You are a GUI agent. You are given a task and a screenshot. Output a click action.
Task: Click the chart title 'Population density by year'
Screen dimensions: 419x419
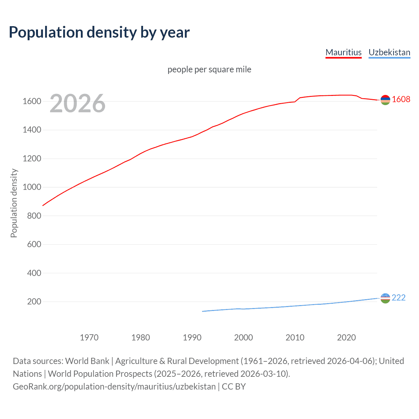click(99, 32)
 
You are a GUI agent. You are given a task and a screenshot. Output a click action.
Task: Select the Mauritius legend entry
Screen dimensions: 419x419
click(343, 52)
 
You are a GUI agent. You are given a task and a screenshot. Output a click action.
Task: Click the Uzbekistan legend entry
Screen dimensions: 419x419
click(389, 52)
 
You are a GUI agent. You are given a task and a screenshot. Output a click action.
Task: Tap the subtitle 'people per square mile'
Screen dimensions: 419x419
click(209, 69)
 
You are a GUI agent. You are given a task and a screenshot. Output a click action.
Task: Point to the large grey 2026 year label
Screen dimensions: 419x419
click(78, 103)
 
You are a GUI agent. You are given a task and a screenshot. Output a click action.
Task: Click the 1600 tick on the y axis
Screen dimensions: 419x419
click(32, 101)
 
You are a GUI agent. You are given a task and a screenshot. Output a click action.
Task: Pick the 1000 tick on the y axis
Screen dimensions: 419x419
click(32, 187)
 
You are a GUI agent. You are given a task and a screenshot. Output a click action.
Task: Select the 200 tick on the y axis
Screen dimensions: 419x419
click(34, 301)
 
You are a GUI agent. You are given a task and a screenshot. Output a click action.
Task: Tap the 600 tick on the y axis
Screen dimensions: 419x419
click(34, 245)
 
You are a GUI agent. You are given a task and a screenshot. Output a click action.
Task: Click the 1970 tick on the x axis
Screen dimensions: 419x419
click(89, 337)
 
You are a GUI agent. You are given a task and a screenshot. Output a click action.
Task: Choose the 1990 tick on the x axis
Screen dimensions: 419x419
click(192, 337)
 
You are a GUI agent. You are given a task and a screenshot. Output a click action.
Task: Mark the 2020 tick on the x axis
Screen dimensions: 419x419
click(346, 337)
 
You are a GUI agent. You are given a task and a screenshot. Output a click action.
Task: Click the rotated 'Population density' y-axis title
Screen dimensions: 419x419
click(14, 203)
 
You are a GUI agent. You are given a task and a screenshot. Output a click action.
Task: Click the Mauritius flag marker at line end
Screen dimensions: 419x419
click(385, 100)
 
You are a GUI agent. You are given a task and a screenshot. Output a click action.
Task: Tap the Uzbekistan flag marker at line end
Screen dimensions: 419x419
click(385, 298)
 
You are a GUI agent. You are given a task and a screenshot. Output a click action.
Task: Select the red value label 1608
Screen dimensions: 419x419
click(401, 100)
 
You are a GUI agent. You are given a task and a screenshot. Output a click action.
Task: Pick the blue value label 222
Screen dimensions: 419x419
click(398, 298)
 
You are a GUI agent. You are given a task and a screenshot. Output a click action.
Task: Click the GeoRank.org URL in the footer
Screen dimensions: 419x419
click(114, 387)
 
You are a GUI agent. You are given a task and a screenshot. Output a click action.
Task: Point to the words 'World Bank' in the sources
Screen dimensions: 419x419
click(87, 361)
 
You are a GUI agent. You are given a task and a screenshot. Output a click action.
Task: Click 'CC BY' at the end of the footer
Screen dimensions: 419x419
click(234, 387)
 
